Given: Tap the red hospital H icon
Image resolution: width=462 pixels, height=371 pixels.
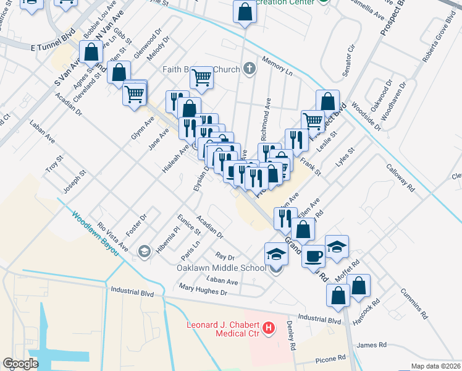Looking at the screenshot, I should (269, 328).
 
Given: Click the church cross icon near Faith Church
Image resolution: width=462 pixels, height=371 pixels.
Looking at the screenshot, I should (249, 68).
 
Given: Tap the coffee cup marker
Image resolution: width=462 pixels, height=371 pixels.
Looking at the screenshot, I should (313, 254).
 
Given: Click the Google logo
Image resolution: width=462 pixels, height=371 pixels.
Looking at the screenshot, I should (21, 364).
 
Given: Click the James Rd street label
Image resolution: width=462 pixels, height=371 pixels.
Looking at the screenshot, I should (371, 345).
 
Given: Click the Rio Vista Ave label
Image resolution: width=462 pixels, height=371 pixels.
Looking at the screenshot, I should (112, 237).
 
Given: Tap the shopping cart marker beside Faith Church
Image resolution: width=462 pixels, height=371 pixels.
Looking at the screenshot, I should (201, 77).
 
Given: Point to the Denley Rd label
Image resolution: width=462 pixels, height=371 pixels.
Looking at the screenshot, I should (292, 336).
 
